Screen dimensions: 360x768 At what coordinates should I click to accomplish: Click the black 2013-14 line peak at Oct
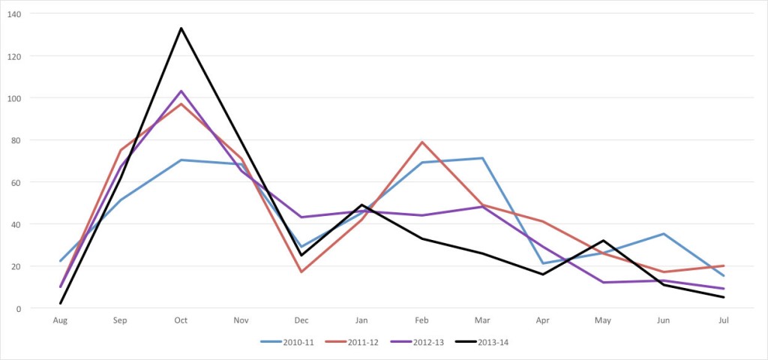point(181,28)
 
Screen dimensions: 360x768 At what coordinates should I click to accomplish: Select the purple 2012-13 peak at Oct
point(181,91)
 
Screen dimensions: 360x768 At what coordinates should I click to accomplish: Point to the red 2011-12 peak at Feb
point(422,142)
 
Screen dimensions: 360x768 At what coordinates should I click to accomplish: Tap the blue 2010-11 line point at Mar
point(482,158)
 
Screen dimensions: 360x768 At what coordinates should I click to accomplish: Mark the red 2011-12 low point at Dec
point(301,271)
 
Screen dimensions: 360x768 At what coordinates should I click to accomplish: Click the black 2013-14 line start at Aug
point(60,303)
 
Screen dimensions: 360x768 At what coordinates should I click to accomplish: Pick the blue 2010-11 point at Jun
point(663,234)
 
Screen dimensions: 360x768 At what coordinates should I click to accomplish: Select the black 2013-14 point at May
point(603,241)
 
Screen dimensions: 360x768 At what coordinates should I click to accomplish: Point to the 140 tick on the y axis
point(15,13)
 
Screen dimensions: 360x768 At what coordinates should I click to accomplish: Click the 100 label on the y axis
point(15,97)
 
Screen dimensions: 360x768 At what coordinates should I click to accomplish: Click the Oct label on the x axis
point(181,320)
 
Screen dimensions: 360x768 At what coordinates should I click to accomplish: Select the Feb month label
point(422,320)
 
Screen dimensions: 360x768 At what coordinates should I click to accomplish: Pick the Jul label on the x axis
point(723,320)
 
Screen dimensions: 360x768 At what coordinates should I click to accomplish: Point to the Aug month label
point(60,320)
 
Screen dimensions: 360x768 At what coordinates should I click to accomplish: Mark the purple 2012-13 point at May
point(603,282)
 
